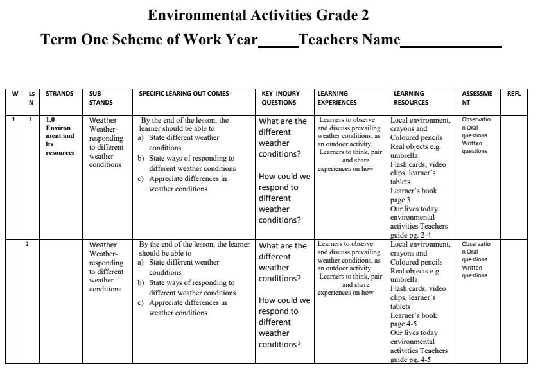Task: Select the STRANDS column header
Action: [60, 94]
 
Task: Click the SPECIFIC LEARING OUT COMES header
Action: [184, 94]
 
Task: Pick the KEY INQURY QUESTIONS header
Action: [280, 98]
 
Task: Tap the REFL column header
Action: [514, 94]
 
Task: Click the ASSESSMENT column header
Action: [477, 98]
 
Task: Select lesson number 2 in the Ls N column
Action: [28, 244]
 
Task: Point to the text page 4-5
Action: [404, 324]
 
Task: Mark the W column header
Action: [14, 94]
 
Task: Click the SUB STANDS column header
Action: [101, 98]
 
